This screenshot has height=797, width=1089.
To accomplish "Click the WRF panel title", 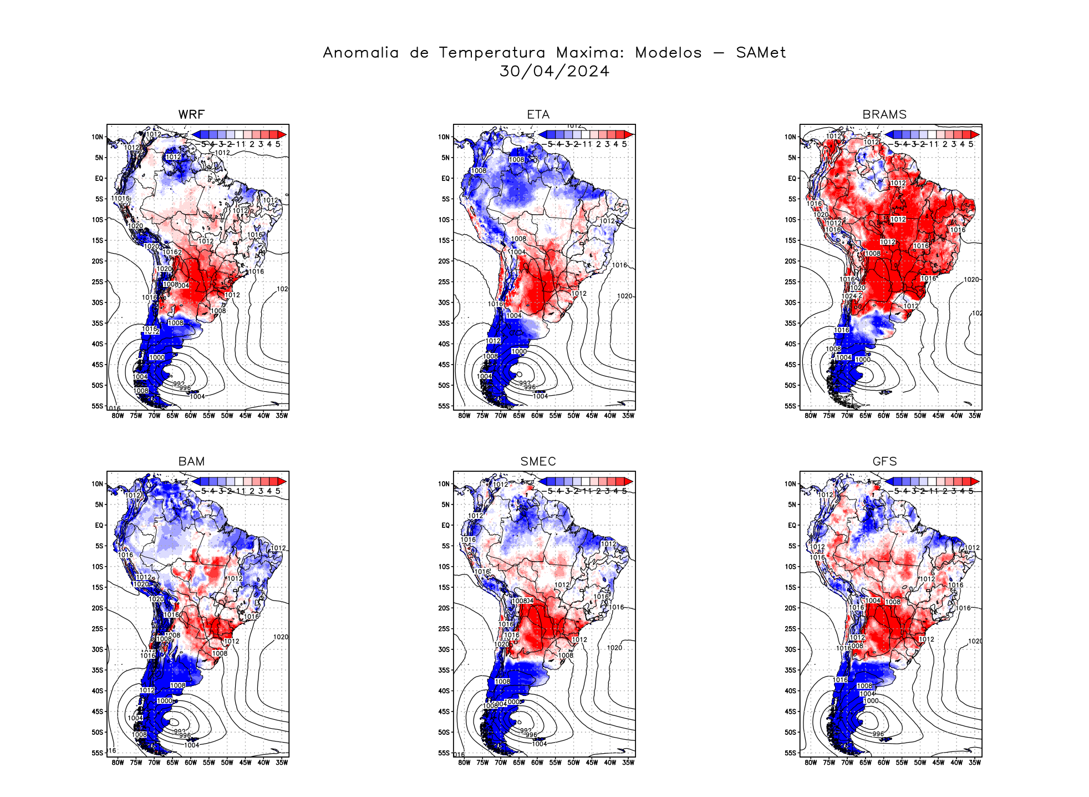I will click(191, 114).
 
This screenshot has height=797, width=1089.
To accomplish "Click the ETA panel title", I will click(538, 114).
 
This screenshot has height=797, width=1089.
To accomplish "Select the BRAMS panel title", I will click(884, 114).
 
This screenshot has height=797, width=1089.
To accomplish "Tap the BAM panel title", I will click(191, 461).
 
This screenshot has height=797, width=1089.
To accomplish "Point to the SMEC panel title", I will click(538, 461).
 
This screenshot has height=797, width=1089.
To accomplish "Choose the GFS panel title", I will click(884, 461).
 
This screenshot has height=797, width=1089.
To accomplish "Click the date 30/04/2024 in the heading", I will click(554, 71).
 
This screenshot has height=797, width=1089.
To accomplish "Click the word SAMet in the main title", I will click(761, 53).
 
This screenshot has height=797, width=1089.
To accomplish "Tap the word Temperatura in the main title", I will click(492, 53).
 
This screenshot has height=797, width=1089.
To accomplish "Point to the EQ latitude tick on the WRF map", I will click(99, 178).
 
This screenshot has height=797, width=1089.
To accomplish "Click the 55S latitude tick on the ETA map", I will click(444, 406).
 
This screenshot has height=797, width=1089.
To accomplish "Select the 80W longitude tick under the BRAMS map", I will click(811, 416).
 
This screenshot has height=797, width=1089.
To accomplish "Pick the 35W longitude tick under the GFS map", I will click(974, 763).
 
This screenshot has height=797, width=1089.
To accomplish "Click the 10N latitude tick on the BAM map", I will click(98, 484).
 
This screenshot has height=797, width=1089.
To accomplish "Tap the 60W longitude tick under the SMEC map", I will click(537, 763).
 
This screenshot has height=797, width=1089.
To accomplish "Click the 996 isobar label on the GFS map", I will click(878, 734).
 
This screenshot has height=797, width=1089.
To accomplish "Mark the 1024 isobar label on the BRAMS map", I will click(849, 296).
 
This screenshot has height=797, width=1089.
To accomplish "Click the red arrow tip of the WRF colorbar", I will click(283, 134).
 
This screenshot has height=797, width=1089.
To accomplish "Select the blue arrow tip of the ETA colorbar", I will click(543, 134).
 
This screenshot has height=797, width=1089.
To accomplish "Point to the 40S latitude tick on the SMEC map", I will click(444, 691).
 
